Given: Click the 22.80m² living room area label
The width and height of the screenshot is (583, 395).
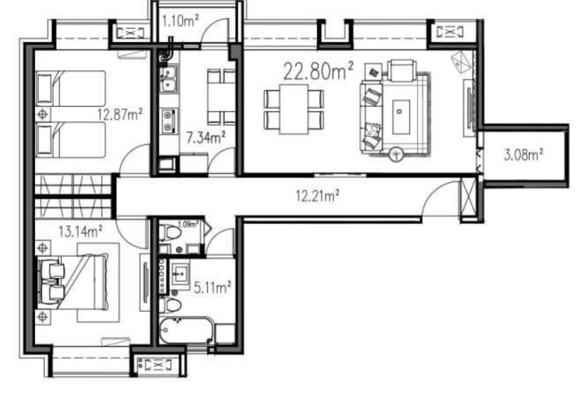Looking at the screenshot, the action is (x=318, y=71).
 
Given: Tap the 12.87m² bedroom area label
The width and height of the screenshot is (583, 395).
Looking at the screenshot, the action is (x=120, y=114).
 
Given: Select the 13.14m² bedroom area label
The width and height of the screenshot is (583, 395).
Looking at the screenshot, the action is (x=80, y=232).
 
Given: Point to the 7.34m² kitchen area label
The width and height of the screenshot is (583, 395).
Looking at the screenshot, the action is (x=206, y=138).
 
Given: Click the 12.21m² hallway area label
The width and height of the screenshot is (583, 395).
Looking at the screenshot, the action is (x=317, y=195).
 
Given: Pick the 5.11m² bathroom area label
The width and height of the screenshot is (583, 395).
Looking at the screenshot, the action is (x=212, y=287).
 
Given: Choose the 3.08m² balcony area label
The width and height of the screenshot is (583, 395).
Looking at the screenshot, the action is (x=524, y=154).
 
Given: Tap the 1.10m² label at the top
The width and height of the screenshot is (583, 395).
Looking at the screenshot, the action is (x=180, y=21).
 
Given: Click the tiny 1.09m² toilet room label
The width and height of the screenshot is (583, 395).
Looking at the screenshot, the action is (x=188, y=224).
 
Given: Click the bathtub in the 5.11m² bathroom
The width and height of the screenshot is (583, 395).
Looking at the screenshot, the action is (x=187, y=330).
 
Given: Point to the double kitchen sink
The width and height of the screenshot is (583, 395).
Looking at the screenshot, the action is (x=168, y=79).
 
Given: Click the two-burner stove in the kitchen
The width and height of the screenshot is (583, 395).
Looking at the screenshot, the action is (x=169, y=121).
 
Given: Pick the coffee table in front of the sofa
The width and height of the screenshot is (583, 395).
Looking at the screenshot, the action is (x=401, y=117).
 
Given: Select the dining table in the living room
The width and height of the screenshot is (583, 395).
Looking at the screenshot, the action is (x=294, y=110).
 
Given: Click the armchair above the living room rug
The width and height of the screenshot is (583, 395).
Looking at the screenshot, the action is (x=401, y=70).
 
